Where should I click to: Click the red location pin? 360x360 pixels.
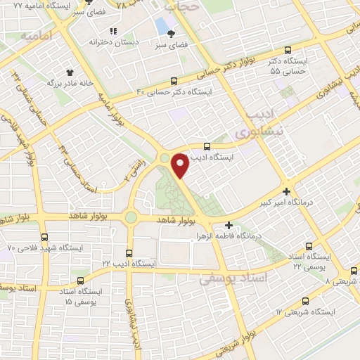[x=181, y=166]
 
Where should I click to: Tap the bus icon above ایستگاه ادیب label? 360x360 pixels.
[x=206, y=146]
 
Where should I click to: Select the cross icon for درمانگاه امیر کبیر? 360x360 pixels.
[x=286, y=191]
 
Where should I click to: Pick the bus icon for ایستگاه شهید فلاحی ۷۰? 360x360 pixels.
[x=45, y=237]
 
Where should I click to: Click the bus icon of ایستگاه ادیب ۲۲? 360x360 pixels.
[x=128, y=252]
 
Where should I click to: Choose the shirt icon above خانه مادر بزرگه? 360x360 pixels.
[x=70, y=72]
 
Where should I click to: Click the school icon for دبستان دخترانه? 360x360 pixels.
[x=112, y=30]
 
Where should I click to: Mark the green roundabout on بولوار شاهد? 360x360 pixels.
[x=131, y=217]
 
